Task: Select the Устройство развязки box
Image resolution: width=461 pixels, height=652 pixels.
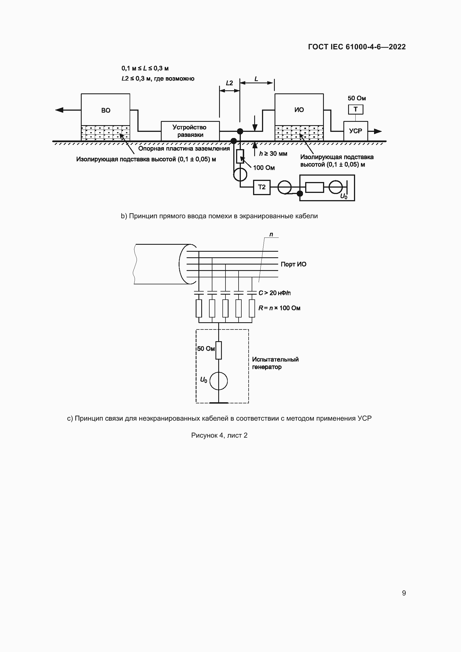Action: click(x=190, y=131)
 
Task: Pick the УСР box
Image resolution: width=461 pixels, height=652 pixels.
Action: click(x=355, y=131)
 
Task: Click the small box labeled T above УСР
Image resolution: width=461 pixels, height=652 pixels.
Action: click(x=355, y=109)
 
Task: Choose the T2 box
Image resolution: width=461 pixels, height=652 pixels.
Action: click(x=261, y=187)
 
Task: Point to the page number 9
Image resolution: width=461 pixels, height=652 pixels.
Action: click(x=404, y=593)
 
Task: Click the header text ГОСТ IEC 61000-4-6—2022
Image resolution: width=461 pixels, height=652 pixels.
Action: click(x=356, y=47)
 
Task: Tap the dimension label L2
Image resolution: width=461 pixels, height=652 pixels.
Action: click(x=229, y=83)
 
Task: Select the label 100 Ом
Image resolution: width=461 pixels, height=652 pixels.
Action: click(x=264, y=168)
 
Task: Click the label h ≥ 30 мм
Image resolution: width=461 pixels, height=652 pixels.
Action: click(x=273, y=154)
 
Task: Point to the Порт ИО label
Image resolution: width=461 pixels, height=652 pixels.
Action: click(x=293, y=264)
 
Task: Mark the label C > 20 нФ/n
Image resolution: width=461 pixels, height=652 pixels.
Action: click(x=274, y=293)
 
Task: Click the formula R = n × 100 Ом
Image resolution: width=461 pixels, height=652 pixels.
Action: click(x=279, y=308)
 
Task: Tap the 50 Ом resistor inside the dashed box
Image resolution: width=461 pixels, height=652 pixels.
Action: click(x=219, y=350)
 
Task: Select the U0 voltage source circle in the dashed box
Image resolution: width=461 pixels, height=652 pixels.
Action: click(x=219, y=381)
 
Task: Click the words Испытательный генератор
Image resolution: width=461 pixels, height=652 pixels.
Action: click(x=275, y=363)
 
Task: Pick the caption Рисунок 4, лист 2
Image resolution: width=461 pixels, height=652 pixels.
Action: click(x=219, y=435)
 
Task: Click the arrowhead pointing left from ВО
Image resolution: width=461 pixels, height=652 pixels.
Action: click(x=59, y=110)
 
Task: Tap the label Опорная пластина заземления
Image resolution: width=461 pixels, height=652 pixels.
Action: click(x=184, y=149)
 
